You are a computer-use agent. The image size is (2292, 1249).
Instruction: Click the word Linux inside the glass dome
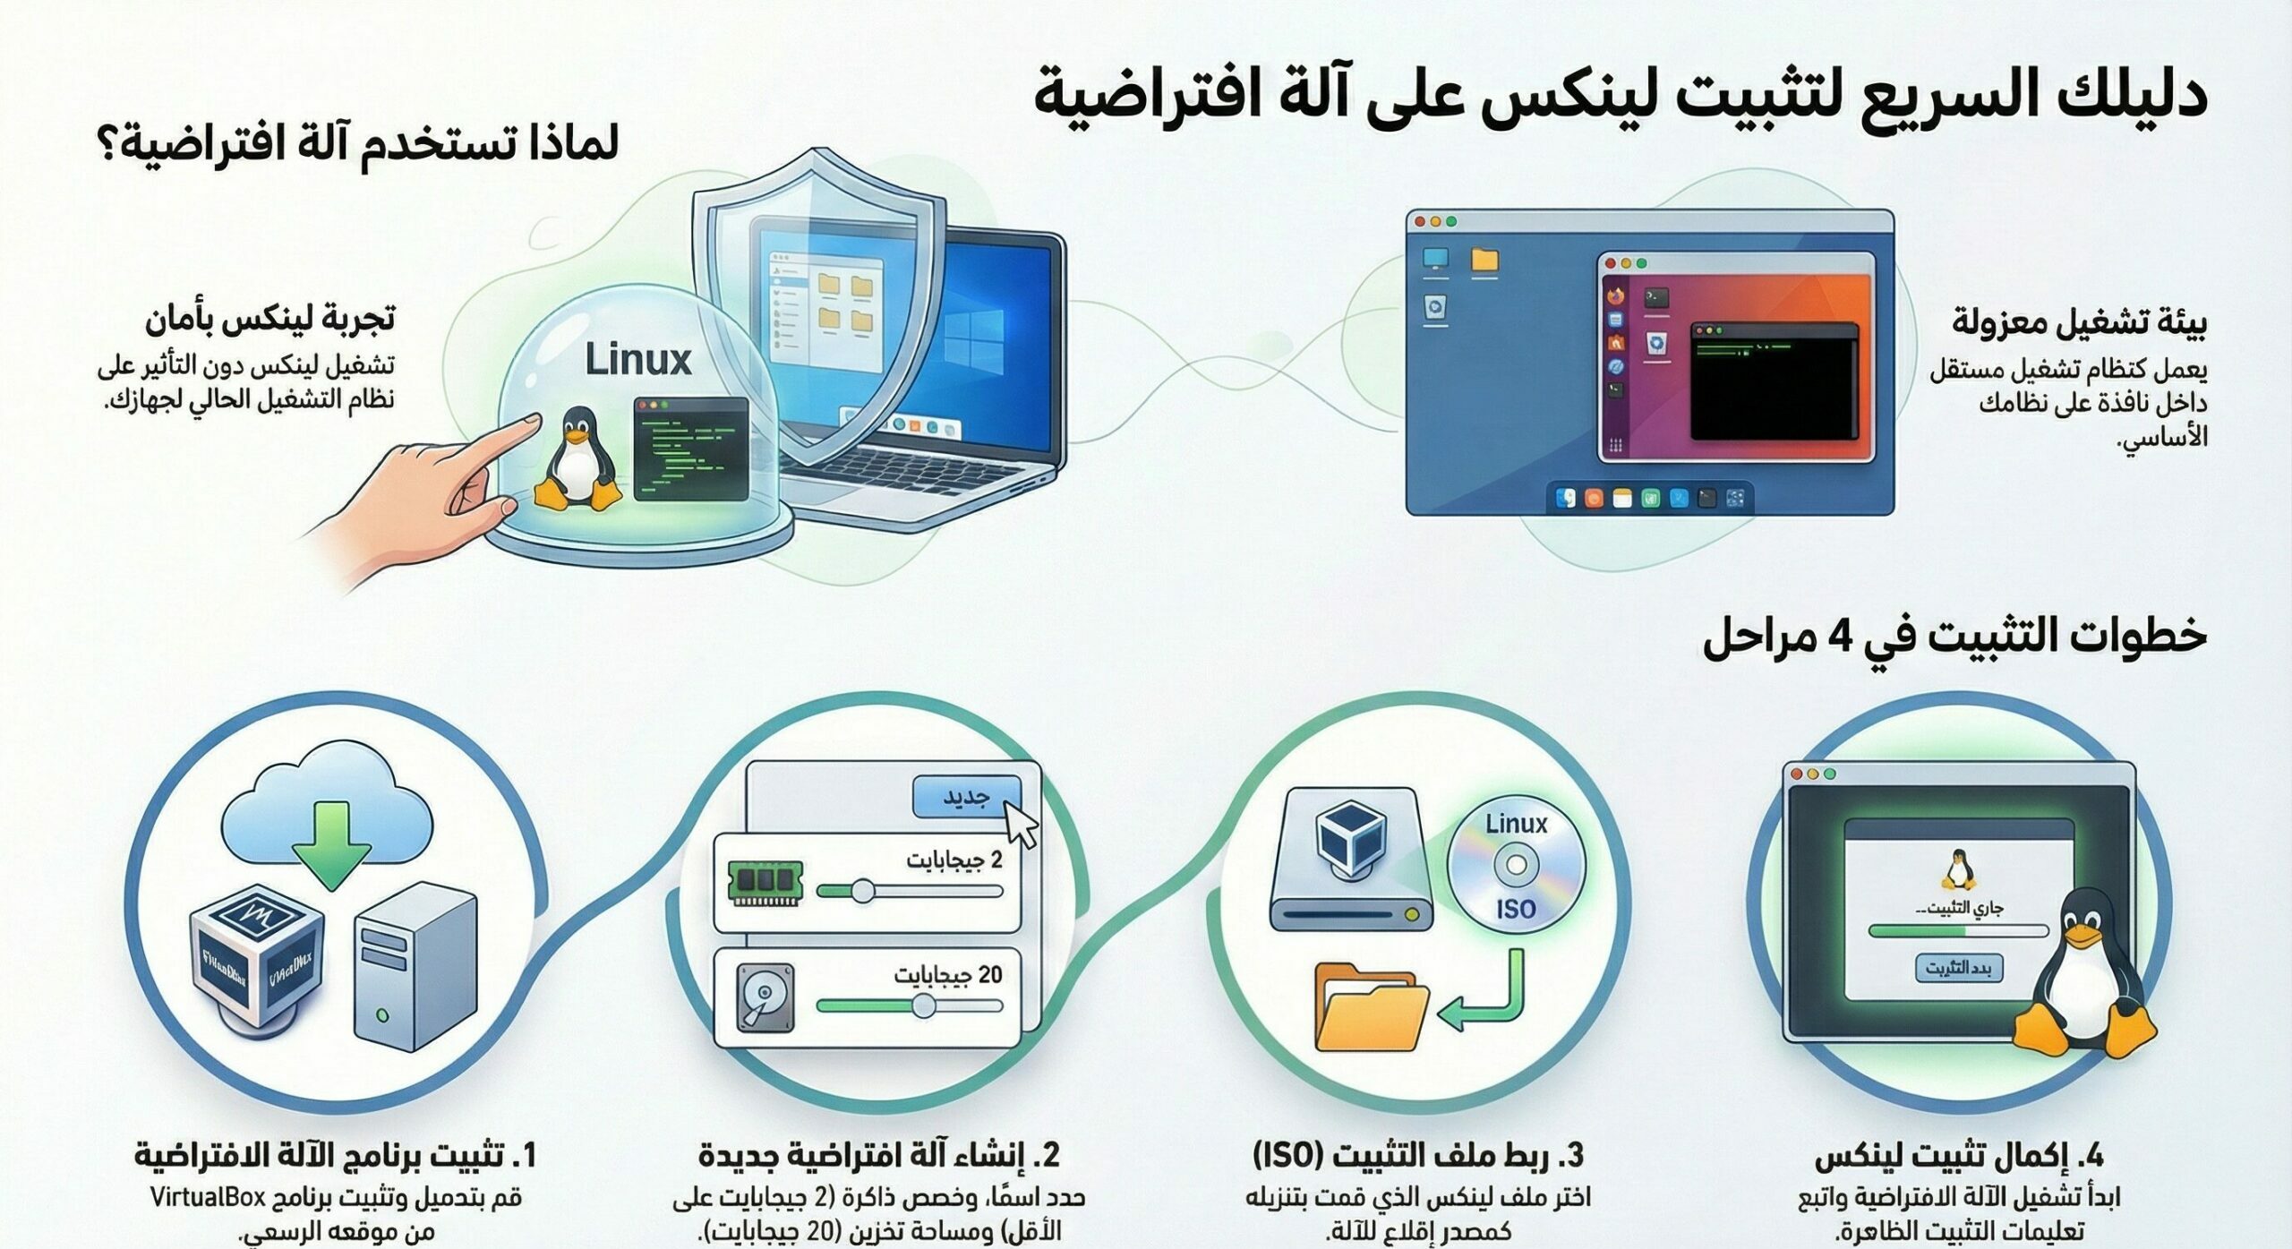tap(638, 360)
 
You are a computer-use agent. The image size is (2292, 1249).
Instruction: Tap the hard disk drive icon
tap(765, 996)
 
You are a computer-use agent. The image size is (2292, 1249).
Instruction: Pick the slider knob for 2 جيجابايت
tap(862, 891)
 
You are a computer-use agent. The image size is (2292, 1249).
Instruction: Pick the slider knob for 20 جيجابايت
tap(924, 1005)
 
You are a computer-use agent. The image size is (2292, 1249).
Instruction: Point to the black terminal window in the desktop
tap(1771, 381)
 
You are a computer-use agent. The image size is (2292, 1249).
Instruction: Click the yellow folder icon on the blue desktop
tap(1484, 261)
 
